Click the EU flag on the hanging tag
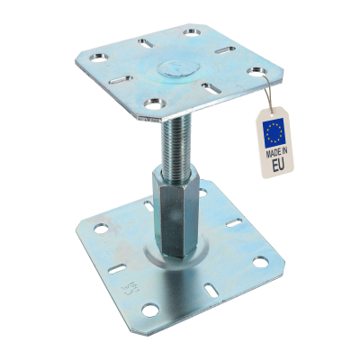tap(275, 133)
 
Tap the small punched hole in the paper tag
tap(277, 113)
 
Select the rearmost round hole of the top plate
tap(191, 33)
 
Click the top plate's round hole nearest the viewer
tap(155, 106)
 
